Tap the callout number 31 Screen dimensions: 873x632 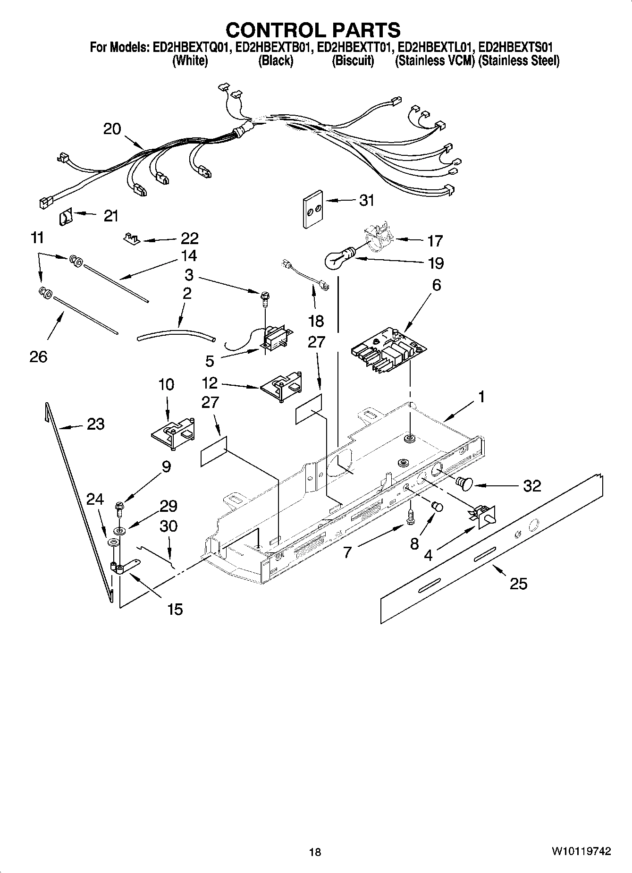coord(367,200)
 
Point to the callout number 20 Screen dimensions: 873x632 coord(112,129)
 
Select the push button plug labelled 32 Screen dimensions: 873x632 coord(463,484)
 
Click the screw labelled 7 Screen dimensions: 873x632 coord(410,516)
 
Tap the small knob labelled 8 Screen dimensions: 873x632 coord(438,507)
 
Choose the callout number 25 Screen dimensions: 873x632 coord(518,584)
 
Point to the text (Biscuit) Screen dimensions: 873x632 coord(353,61)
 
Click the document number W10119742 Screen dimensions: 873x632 coord(580,851)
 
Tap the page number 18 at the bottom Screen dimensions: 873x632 coord(315,852)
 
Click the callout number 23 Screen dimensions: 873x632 coord(96,424)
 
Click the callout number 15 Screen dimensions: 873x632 coord(175,609)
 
